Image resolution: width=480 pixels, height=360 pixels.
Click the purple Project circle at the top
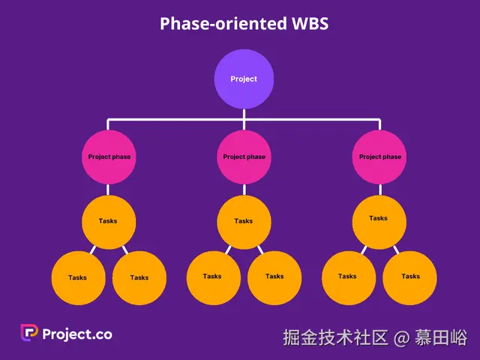click(x=244, y=79)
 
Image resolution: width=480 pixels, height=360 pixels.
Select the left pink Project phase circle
click(x=109, y=157)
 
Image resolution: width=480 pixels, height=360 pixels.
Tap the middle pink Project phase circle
click(x=244, y=157)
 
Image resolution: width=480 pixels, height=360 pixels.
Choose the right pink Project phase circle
click(x=379, y=157)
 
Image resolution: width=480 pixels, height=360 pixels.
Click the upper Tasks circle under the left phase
click(x=108, y=222)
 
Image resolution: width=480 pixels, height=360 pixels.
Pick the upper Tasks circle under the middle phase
click(x=244, y=222)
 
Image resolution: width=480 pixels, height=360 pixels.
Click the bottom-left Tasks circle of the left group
click(x=78, y=277)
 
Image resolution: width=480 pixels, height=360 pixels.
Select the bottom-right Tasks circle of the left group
click(x=139, y=277)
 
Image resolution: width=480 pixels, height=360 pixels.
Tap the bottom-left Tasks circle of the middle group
click(x=213, y=277)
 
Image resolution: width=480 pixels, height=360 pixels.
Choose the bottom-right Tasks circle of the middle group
click(x=274, y=277)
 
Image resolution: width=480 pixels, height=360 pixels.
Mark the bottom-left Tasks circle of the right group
click(x=348, y=277)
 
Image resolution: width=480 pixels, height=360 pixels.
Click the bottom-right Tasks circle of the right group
click(x=409, y=277)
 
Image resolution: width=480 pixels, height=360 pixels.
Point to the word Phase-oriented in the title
click(x=223, y=23)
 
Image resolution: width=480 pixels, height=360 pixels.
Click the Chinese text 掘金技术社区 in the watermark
click(x=335, y=338)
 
